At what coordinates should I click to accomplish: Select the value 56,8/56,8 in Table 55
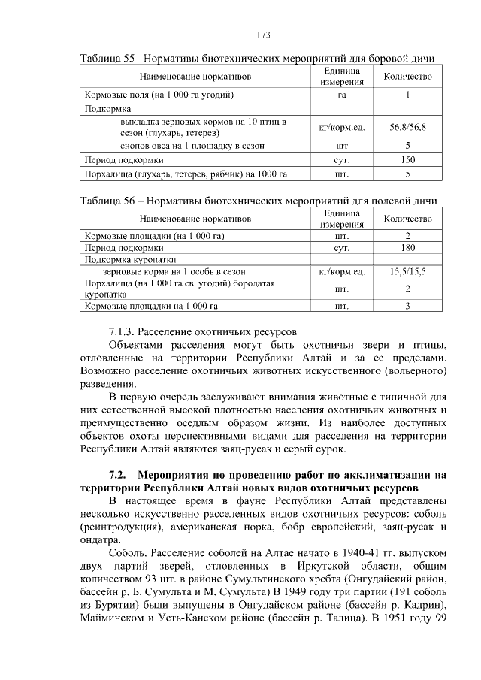[x=407, y=128]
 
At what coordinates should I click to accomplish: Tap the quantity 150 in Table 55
[x=407, y=160]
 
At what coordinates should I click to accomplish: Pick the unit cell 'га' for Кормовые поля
[x=342, y=95]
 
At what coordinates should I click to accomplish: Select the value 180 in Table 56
[x=407, y=247]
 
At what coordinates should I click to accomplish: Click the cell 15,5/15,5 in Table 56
[x=407, y=270]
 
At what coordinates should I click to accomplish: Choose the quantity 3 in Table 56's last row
[x=407, y=306]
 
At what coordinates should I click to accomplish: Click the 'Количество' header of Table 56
[x=407, y=219]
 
